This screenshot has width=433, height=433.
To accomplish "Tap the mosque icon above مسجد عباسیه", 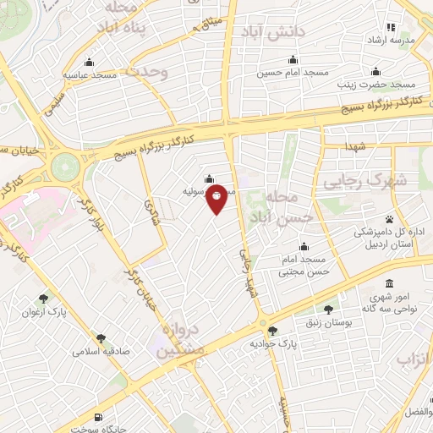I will tap(90, 61).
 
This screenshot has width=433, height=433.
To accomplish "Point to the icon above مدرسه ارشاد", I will tap(391, 27).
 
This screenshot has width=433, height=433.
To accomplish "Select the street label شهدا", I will tap(354, 148).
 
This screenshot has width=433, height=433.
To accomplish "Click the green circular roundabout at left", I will tap(65, 164).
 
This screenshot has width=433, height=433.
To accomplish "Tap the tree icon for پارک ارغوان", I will tap(43, 298).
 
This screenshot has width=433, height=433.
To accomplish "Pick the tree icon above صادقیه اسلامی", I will tap(101, 337).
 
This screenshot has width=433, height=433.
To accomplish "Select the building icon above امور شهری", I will tap(388, 282).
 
